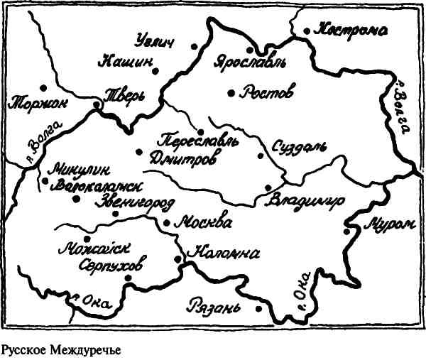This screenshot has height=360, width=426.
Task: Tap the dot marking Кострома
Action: point(307,31)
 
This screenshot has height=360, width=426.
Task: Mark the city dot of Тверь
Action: point(97,105)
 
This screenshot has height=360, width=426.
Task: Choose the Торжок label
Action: point(37,104)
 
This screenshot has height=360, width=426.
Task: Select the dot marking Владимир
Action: point(268,187)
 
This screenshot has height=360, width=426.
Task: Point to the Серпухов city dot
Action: point(128,278)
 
